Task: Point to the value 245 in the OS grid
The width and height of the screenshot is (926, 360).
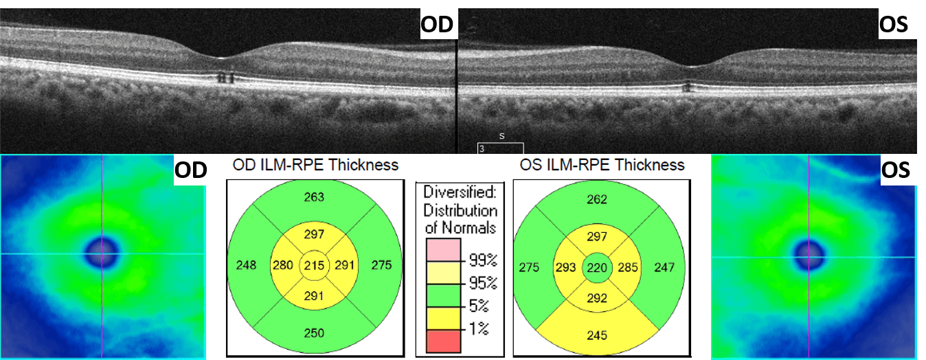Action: pyautogui.click(x=596, y=335)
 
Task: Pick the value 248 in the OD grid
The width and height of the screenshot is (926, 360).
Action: pyautogui.click(x=246, y=265)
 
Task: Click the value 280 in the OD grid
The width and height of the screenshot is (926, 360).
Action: pyautogui.click(x=282, y=265)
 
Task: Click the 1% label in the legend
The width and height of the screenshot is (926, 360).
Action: pyautogui.click(x=478, y=329)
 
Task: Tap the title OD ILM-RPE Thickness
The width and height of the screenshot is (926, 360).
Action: pyautogui.click(x=315, y=165)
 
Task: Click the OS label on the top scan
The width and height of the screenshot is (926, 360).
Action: pyautogui.click(x=893, y=25)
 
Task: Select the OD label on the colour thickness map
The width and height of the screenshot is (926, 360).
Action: pyautogui.click(x=189, y=170)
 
